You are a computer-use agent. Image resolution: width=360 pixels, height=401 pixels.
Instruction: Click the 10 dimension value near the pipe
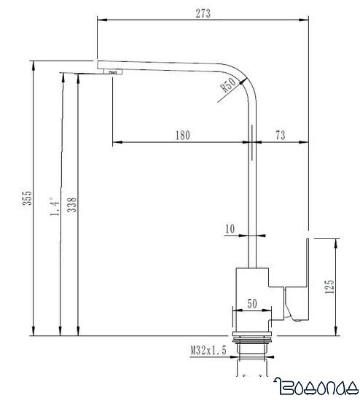(230, 229)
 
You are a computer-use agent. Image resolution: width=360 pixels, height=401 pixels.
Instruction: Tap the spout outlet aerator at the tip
(114, 71)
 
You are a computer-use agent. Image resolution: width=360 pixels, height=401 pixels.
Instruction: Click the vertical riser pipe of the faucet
(252, 190)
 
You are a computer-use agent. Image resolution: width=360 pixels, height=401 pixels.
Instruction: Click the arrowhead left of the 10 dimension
(245, 236)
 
